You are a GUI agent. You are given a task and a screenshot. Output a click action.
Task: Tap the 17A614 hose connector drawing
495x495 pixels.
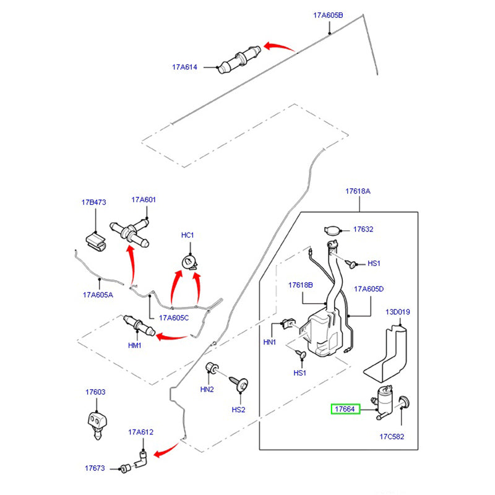(x=238, y=60)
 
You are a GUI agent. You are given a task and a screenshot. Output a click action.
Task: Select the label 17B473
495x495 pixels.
(x=94, y=202)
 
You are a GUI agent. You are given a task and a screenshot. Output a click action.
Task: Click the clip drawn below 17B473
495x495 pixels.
(x=95, y=240)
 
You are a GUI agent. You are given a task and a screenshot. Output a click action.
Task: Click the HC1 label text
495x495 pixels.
(x=187, y=235)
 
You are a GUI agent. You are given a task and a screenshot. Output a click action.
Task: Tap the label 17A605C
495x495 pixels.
(x=174, y=318)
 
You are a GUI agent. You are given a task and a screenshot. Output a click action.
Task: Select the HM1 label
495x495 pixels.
(x=135, y=345)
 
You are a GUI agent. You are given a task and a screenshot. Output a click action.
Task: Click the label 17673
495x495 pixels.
(x=95, y=468)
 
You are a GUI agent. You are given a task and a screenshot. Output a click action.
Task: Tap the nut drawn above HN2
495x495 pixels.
(x=212, y=368)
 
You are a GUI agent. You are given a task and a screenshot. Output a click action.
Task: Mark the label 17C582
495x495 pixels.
(x=392, y=436)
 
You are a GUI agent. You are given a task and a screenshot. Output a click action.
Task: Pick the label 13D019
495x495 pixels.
(x=398, y=312)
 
